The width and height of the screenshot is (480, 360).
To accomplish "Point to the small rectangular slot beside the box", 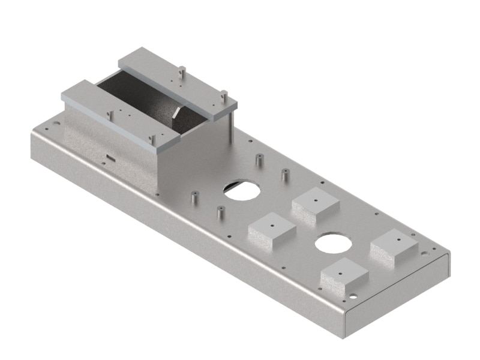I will click(x=109, y=158).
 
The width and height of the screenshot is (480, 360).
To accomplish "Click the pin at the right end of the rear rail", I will click(x=223, y=94).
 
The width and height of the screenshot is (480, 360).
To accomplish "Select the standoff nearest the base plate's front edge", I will click(x=220, y=211).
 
